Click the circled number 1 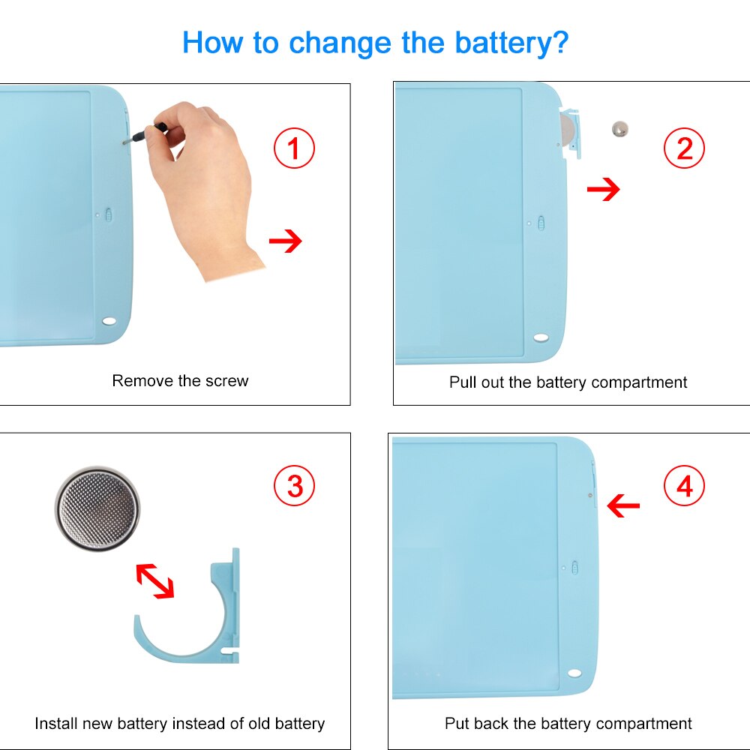(294, 148)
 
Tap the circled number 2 (684, 148)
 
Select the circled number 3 (294, 485)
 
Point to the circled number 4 (684, 485)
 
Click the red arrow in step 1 (286, 241)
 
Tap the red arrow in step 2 (603, 189)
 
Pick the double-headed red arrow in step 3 (155, 580)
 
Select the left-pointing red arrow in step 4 (622, 505)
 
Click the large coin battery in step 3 (97, 509)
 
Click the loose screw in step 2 (620, 129)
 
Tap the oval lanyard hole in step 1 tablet (109, 321)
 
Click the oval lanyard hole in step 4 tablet (574, 673)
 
